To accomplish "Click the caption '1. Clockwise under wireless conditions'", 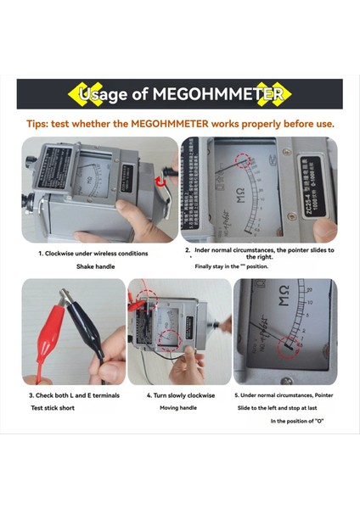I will [x=93, y=253].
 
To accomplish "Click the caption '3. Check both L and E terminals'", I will [x=74, y=395].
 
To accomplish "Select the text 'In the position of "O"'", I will [x=298, y=422].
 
